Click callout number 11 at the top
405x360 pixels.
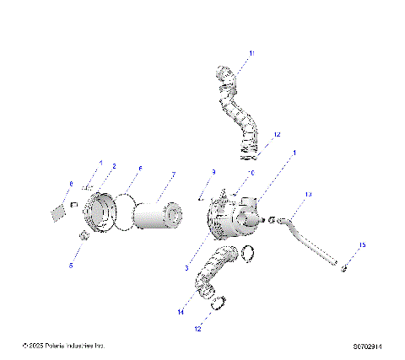250,54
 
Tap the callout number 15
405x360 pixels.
363,245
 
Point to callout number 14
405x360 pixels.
181,312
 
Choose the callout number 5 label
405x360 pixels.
72,265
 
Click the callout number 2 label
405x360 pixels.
114,166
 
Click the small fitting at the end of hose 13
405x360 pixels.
346,267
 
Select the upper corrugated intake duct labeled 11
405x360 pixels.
239,114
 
